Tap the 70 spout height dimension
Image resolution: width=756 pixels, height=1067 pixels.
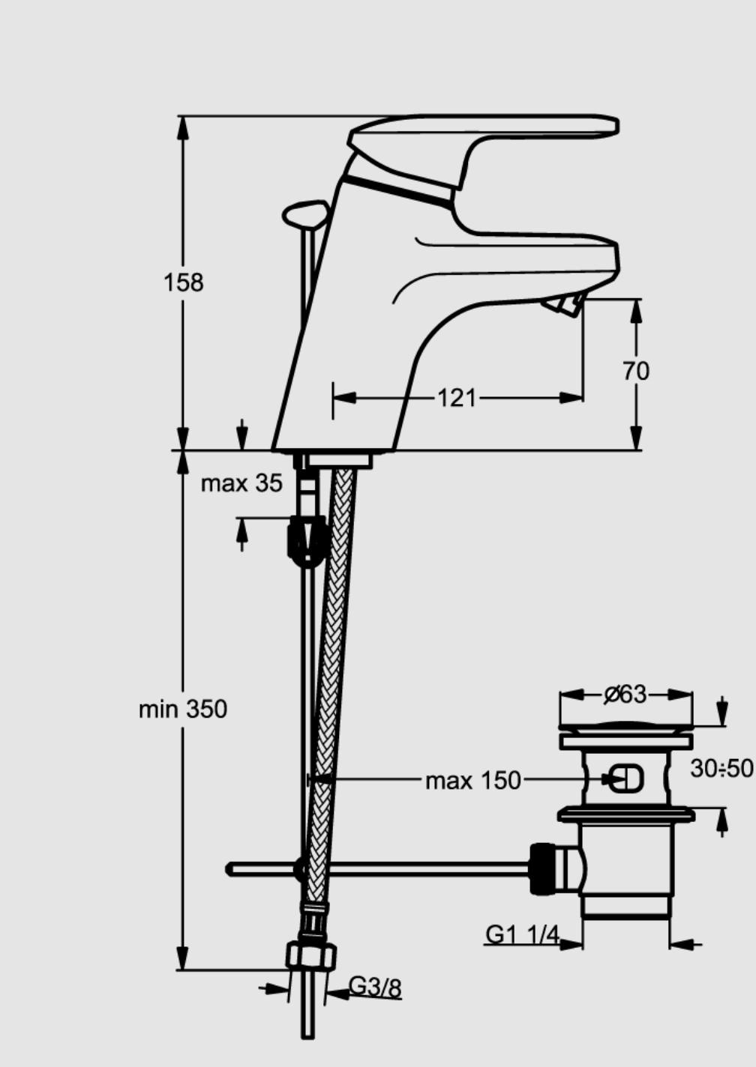click(x=636, y=371)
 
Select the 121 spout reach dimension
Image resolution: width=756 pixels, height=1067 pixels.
click(x=457, y=398)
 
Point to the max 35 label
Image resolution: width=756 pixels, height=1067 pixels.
click(x=241, y=483)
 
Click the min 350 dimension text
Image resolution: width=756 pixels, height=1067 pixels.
click(x=183, y=709)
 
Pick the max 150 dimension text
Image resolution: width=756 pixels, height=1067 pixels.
click(x=472, y=782)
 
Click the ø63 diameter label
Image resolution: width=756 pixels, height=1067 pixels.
click(x=625, y=694)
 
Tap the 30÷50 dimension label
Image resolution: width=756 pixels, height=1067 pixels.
click(x=722, y=768)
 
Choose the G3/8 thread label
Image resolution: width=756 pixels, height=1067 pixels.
click(x=375, y=987)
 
